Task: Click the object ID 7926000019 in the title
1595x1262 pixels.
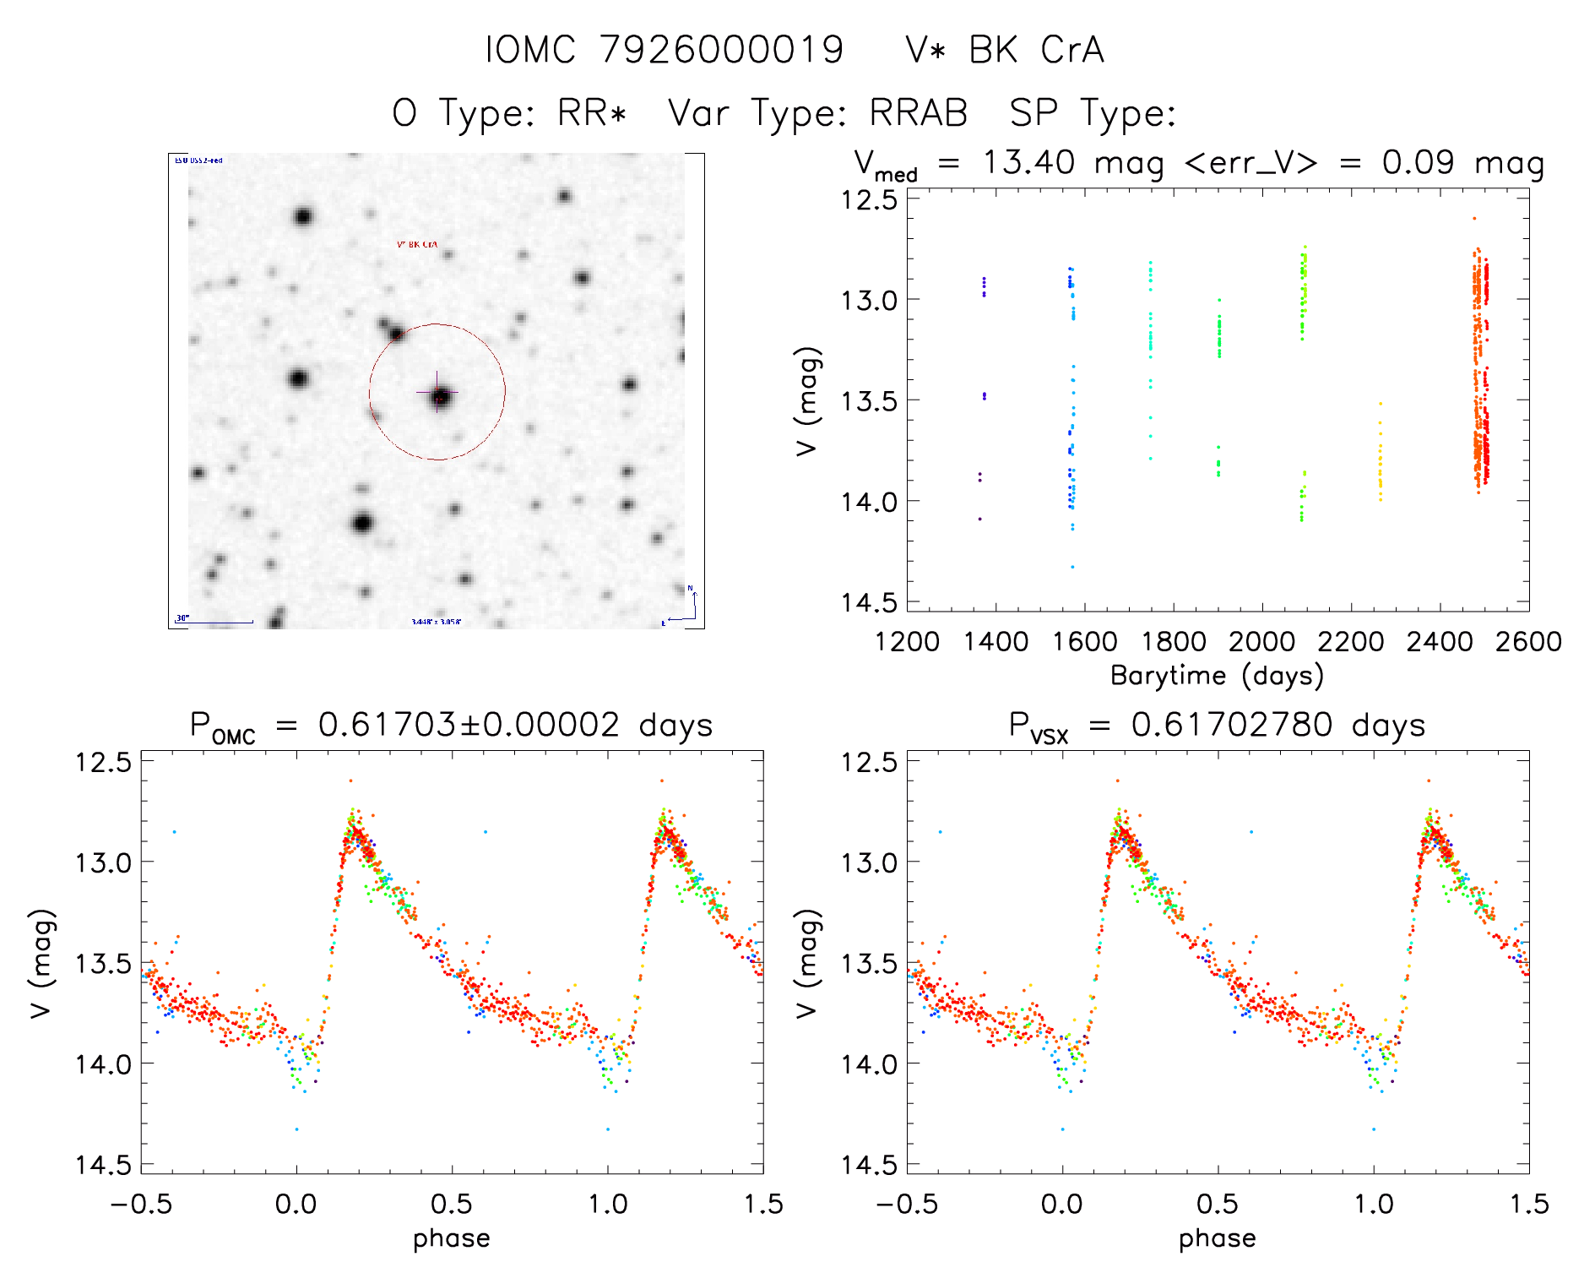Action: point(722,50)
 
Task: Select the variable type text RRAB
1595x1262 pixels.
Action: point(919,113)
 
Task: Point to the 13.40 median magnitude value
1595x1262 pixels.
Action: point(1028,162)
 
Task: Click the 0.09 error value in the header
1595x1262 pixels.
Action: point(1418,162)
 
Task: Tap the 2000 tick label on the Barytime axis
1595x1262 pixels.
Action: point(1261,642)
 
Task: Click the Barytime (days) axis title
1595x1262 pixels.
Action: point(1217,676)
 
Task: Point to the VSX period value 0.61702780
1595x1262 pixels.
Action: point(1232,725)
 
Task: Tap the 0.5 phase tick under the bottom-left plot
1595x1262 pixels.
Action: point(452,1204)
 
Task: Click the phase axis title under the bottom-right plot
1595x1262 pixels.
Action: point(1217,1238)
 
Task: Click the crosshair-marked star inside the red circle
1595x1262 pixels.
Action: point(440,395)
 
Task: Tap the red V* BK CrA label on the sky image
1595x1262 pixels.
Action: point(417,244)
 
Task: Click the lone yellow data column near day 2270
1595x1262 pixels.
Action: point(1381,465)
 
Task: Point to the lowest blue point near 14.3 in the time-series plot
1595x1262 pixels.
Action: point(1072,567)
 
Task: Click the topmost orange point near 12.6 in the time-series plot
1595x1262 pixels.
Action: point(1474,219)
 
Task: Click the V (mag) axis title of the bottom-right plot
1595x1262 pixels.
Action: point(807,963)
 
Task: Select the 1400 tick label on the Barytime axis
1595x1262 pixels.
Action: point(996,642)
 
